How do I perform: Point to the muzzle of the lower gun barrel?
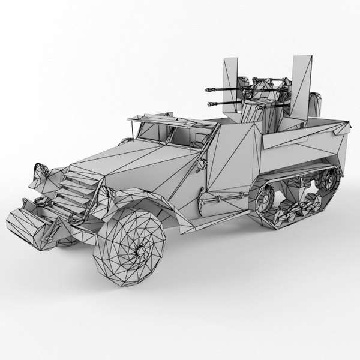[x=209, y=105]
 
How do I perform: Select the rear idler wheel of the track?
[x=328, y=179]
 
